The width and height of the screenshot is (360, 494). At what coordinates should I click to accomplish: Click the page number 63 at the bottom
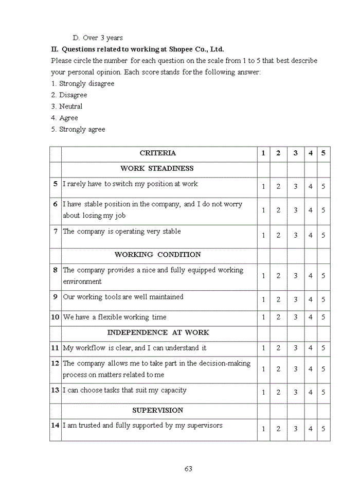click(188, 468)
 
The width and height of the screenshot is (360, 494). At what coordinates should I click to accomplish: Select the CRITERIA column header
click(158, 153)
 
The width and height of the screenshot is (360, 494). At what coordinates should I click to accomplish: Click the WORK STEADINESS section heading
click(157, 168)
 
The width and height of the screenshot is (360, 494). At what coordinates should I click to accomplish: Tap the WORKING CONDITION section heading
click(157, 254)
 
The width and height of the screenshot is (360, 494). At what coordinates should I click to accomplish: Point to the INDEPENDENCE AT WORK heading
click(158, 332)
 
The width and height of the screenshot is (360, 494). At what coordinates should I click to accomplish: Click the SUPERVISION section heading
click(157, 410)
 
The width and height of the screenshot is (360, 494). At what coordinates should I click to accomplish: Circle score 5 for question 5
click(323, 187)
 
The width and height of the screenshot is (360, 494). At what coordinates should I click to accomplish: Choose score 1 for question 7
click(263, 235)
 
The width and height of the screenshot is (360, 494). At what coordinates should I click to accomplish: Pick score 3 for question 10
click(295, 317)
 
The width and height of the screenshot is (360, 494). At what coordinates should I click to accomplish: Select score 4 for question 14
click(310, 429)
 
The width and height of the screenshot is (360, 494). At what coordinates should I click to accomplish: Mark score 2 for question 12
click(278, 369)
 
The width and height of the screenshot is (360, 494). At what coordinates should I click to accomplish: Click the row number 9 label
click(55, 297)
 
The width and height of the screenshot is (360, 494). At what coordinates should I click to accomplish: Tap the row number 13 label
click(55, 390)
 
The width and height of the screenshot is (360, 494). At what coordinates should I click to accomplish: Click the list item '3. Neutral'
click(66, 107)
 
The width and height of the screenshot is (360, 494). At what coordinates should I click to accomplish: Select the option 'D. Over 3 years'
click(98, 38)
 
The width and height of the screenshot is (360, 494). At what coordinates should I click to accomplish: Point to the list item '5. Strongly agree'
click(78, 129)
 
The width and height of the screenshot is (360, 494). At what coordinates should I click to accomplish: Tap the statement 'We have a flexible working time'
click(115, 317)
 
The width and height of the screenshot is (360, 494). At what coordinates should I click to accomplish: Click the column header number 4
click(310, 153)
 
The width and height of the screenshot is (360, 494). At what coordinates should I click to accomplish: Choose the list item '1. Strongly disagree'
click(82, 83)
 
